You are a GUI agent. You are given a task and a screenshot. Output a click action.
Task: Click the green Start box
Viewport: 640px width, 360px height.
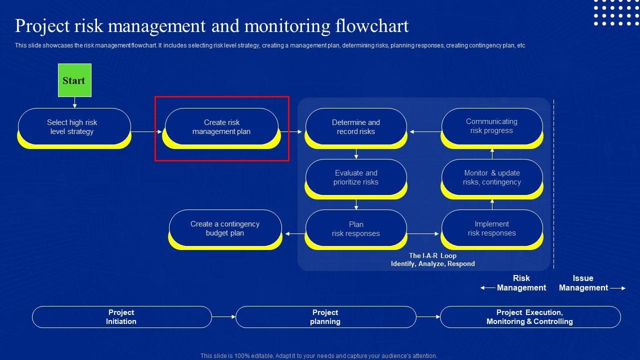[74, 80]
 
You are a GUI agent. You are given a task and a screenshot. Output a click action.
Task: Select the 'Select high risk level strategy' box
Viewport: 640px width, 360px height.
[74, 127]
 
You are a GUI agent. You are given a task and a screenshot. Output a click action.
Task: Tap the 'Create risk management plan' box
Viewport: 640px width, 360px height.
[221, 127]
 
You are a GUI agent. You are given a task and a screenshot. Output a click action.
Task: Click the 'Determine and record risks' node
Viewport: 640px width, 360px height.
[356, 127]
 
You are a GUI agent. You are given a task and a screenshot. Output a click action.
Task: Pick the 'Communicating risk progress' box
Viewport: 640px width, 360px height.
[491, 126]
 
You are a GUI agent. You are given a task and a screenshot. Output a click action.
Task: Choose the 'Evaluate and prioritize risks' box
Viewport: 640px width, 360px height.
[356, 177]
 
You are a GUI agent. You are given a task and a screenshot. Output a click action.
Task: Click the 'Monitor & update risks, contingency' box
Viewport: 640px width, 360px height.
[491, 177]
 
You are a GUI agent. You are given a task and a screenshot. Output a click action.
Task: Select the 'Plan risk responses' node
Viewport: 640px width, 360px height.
[356, 229]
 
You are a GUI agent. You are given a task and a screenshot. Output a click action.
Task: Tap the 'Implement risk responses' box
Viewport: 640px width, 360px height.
[491, 228]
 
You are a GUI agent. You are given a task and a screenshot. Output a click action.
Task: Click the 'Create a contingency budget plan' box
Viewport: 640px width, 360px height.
[225, 228]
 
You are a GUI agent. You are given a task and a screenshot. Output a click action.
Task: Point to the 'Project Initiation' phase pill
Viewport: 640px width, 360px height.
[121, 317]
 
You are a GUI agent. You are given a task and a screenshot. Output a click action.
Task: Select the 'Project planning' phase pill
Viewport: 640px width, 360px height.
[325, 317]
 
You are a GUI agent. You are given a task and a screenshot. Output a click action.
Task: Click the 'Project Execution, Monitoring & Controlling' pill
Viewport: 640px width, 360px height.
[530, 317]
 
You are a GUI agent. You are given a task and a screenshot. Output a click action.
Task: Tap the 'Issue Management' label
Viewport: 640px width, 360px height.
[583, 283]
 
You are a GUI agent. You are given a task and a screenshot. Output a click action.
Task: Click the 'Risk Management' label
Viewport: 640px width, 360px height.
[521, 283]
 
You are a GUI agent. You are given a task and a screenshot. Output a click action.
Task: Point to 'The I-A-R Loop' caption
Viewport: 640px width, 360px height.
[432, 256]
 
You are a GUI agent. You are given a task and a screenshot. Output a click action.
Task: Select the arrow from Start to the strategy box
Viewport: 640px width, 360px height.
[74, 102]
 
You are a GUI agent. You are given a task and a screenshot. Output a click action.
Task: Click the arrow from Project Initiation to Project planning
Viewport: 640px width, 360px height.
[223, 317]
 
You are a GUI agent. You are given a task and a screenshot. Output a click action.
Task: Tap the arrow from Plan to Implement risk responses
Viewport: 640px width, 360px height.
[423, 233]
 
